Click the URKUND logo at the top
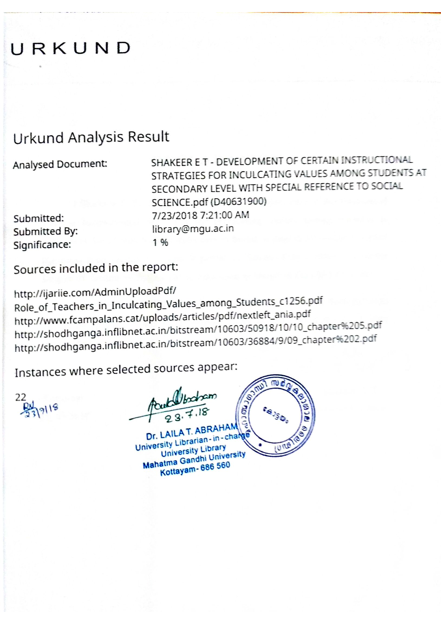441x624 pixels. point(70,49)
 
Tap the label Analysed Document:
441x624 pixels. point(60,164)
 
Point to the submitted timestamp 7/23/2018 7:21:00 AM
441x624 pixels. point(201,215)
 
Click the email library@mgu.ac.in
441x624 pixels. point(193,229)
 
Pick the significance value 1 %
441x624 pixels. point(160,242)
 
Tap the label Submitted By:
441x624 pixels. point(46,232)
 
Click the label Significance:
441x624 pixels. point(42,245)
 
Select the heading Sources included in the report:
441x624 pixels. point(96,268)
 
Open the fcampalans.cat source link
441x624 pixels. point(162,318)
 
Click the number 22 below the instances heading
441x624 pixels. point(21,397)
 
